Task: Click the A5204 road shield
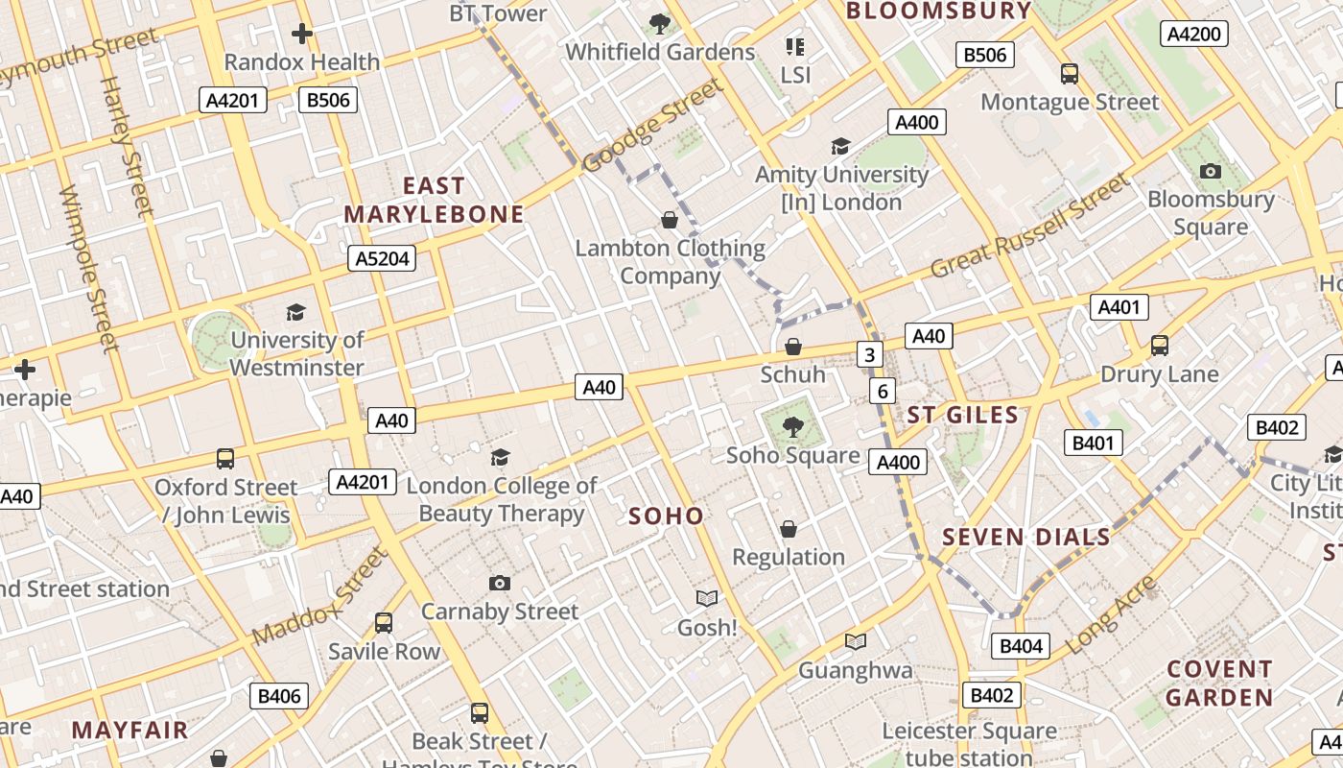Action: [x=381, y=258]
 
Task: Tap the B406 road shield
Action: [x=279, y=696]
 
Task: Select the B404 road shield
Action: [x=1021, y=646]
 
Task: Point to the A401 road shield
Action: [x=1119, y=307]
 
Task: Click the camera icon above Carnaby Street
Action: [x=499, y=583]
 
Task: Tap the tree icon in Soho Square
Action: [x=792, y=426]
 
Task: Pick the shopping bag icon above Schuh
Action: [x=793, y=347]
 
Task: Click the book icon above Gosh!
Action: [x=707, y=598]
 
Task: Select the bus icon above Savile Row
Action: [x=384, y=622]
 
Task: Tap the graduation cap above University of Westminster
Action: [x=295, y=312]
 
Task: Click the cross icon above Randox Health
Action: [x=302, y=34]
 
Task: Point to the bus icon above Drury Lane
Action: [x=1160, y=345]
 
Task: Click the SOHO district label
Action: [x=666, y=516]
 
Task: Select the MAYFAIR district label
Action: [x=130, y=730]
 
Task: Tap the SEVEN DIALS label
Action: [x=1026, y=537]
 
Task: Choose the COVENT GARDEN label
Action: [x=1219, y=683]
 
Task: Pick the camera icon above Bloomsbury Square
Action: [x=1211, y=171]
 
